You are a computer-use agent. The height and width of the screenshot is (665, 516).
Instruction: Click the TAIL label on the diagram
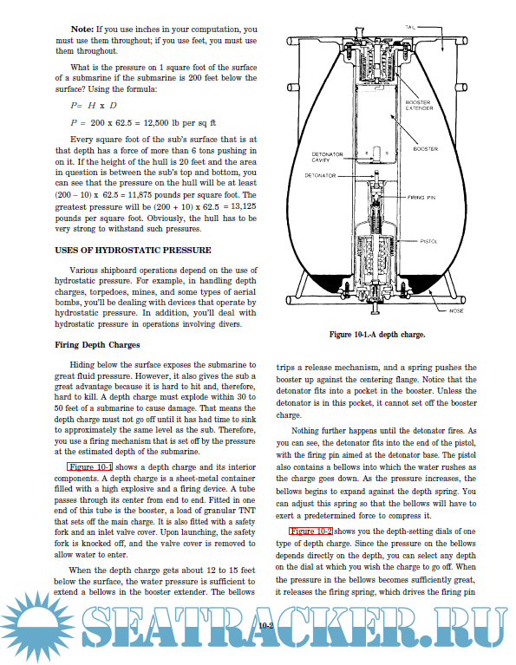(x=410, y=27)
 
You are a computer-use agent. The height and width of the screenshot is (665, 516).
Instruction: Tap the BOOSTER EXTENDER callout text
(x=419, y=105)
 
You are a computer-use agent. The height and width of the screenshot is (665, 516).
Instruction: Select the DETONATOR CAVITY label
(x=327, y=157)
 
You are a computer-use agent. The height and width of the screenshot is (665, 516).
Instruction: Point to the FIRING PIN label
(x=421, y=197)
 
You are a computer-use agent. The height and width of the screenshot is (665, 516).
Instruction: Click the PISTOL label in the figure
(x=428, y=241)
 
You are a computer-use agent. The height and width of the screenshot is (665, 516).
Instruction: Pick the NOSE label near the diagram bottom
(x=456, y=311)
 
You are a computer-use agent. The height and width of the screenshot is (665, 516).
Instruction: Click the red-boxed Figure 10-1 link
(x=89, y=467)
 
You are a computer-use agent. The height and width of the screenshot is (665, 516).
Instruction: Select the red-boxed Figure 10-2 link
(x=310, y=531)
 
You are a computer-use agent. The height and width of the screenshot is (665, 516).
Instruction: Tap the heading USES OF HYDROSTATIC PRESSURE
(x=133, y=251)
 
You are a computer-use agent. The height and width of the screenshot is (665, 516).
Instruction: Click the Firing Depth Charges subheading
(x=97, y=345)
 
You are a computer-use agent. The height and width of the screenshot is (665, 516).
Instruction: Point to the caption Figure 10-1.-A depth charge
(x=377, y=335)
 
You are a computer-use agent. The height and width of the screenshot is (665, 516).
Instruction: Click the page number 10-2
(x=265, y=625)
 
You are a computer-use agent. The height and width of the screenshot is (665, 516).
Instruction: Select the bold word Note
(x=82, y=29)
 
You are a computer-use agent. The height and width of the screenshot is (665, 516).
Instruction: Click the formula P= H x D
(x=94, y=106)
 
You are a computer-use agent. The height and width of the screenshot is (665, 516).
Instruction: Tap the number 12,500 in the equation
(x=156, y=123)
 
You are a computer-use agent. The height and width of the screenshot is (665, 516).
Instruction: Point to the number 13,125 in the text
(x=244, y=206)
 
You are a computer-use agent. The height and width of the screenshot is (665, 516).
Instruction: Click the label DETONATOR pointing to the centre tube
(x=320, y=176)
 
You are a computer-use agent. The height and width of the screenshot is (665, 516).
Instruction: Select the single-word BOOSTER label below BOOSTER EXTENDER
(x=426, y=149)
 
